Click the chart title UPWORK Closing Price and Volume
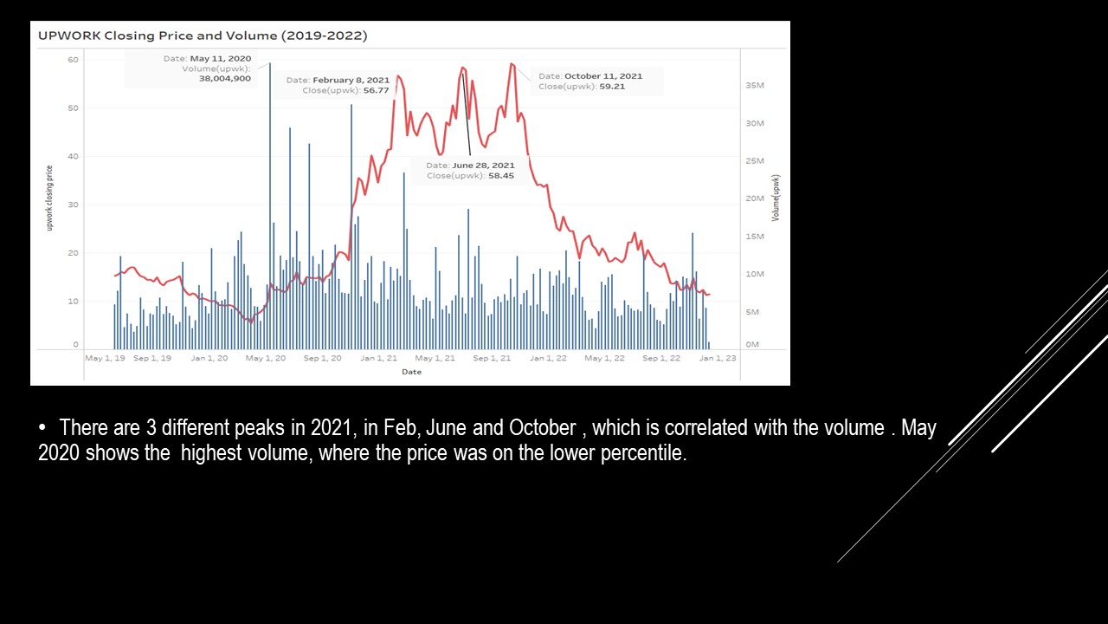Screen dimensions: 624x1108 (203, 36)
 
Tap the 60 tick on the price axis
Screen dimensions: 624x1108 (74, 60)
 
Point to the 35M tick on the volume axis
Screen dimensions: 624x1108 (754, 86)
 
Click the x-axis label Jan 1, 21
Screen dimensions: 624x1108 (379, 358)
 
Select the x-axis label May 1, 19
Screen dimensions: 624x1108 (105, 358)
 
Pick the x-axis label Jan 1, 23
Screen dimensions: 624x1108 (718, 358)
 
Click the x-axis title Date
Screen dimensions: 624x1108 (411, 372)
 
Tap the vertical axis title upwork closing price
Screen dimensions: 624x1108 (50, 198)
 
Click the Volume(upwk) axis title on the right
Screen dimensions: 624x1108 (776, 198)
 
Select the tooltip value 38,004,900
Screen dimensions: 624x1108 (225, 78)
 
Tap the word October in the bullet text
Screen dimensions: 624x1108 (542, 428)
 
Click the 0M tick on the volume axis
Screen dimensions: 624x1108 (752, 344)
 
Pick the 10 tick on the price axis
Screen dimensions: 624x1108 (74, 302)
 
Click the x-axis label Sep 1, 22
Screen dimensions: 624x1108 (661, 358)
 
